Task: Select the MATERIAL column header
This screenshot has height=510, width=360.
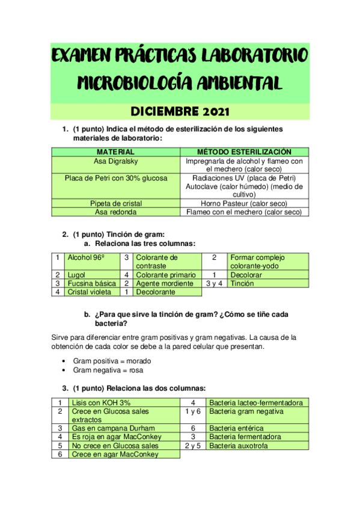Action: coord(115,152)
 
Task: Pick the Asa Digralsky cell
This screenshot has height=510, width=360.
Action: coord(115,161)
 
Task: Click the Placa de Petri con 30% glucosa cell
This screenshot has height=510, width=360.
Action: coord(115,178)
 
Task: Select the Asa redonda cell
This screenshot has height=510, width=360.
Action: coord(115,212)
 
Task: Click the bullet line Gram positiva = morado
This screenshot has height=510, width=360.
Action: coord(112,361)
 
